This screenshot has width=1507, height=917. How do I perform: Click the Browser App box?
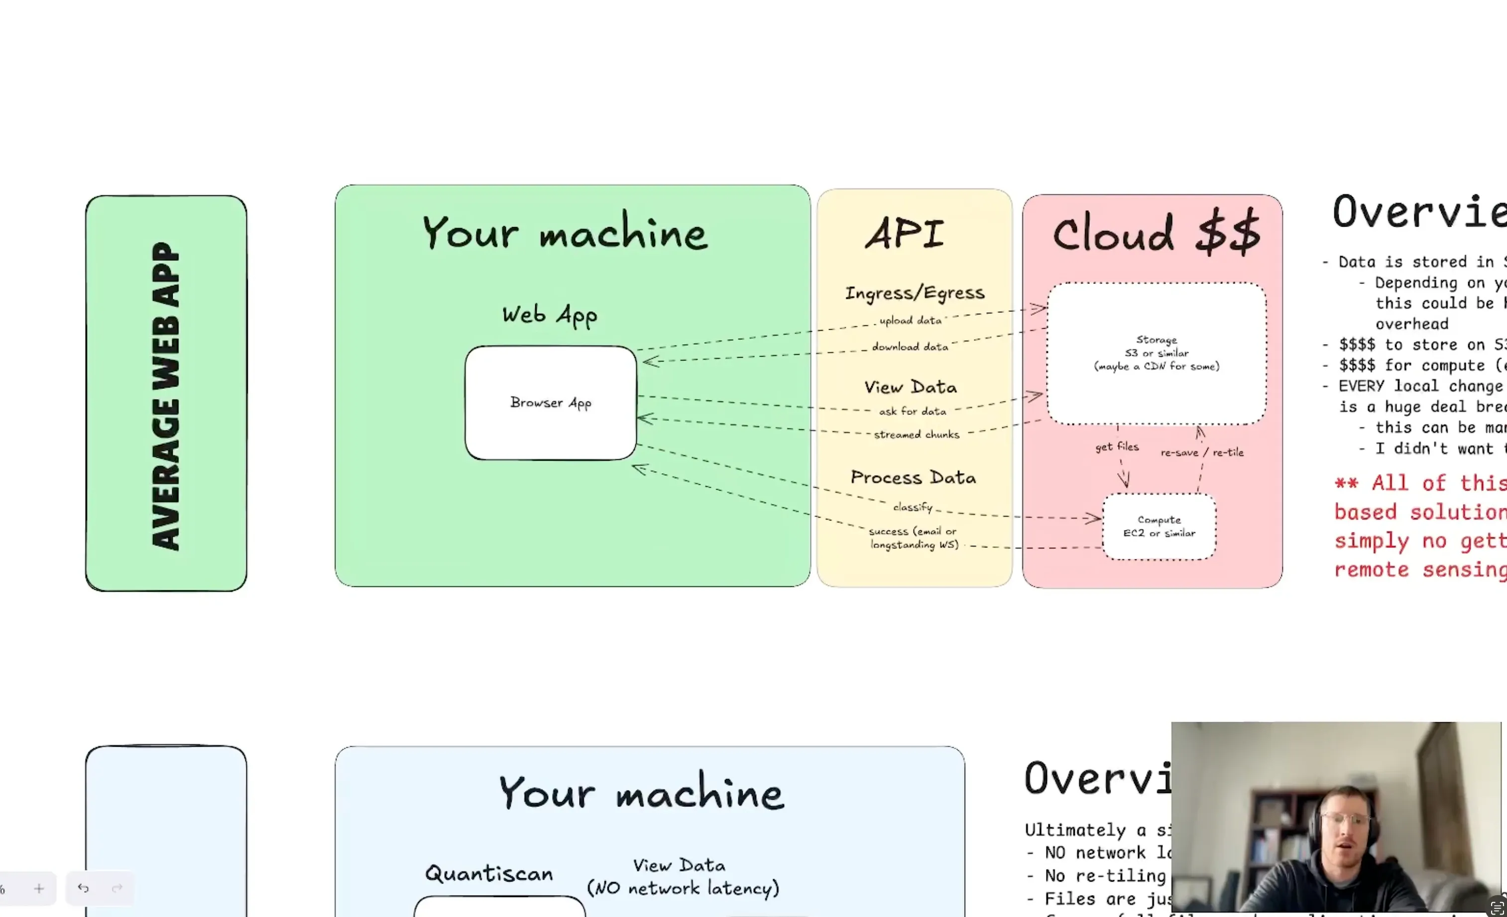click(x=551, y=402)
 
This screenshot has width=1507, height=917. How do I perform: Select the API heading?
click(x=905, y=234)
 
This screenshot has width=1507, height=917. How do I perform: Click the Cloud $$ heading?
click(x=1156, y=233)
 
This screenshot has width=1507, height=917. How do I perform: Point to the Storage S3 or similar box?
click(x=1156, y=353)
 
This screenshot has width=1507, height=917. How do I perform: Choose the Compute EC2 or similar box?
click(x=1159, y=526)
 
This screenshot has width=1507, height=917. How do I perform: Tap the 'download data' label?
click(x=910, y=347)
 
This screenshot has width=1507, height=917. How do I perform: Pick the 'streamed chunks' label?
click(x=916, y=434)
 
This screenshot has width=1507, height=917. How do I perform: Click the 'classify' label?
click(x=913, y=507)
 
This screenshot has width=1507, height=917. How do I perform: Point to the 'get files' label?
click(x=1117, y=447)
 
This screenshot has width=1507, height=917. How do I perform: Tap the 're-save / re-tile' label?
click(x=1202, y=453)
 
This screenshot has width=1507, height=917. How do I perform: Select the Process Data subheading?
click(x=913, y=478)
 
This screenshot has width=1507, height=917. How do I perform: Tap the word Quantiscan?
click(x=489, y=874)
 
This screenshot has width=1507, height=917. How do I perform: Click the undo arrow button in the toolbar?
click(x=83, y=888)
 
